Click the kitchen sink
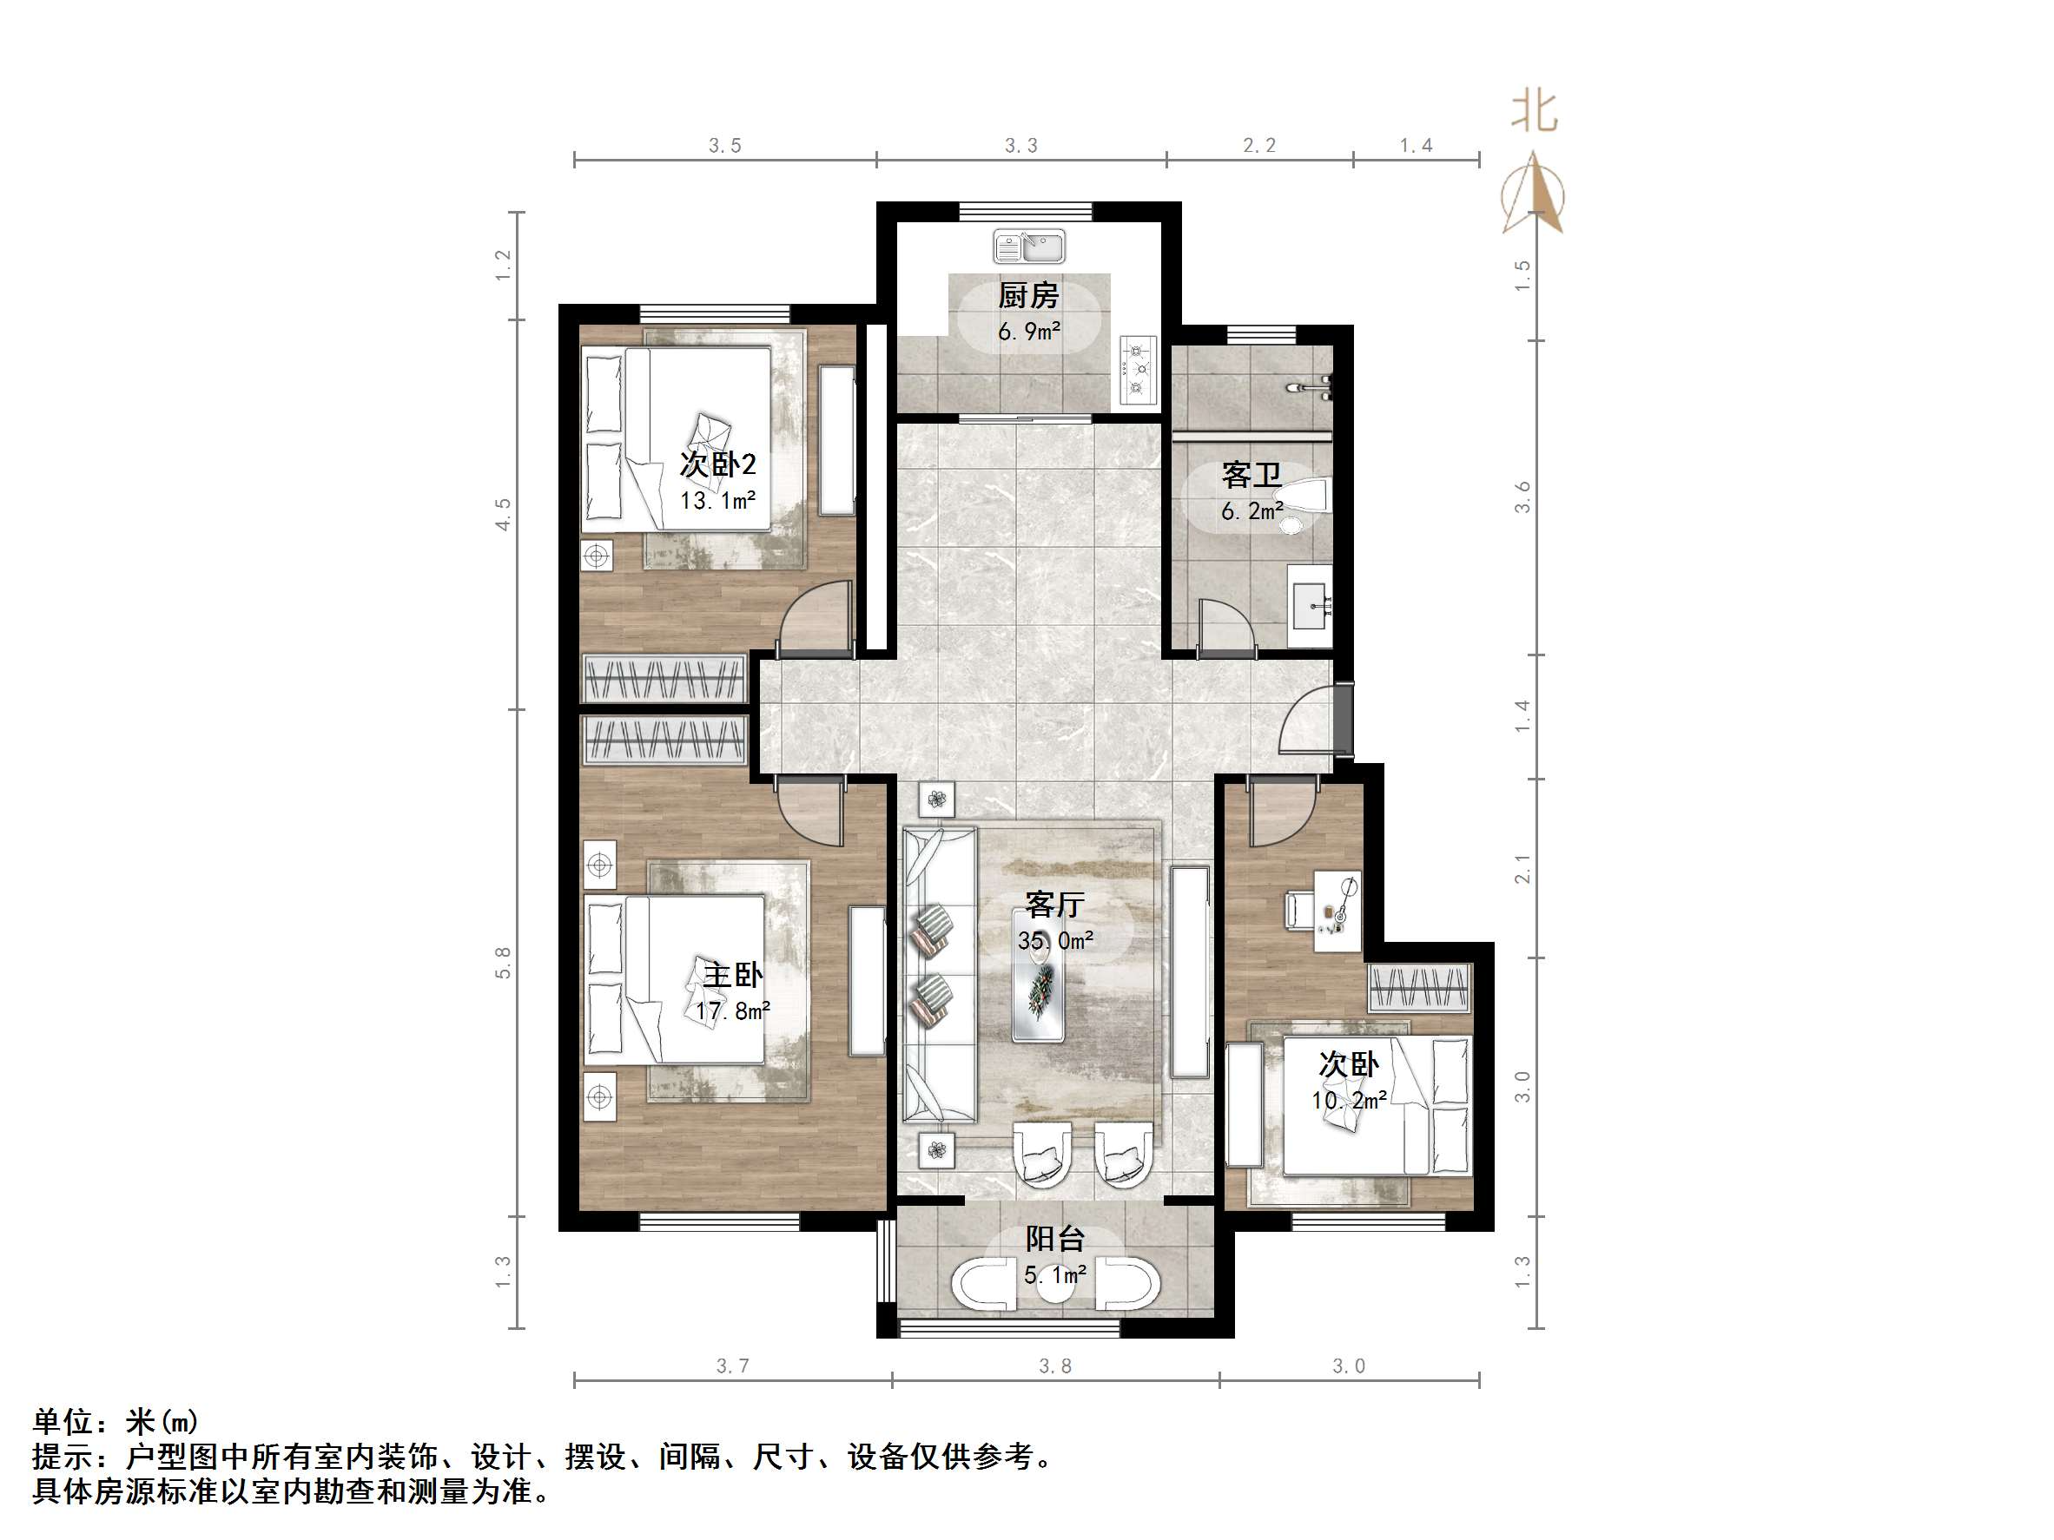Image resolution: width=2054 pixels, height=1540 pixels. pos(1029,247)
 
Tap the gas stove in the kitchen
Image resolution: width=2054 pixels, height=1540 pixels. pos(1139,370)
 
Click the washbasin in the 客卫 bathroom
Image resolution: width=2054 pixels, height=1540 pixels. pos(1312,606)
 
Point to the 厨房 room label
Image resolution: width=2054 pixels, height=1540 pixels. pos(1028,296)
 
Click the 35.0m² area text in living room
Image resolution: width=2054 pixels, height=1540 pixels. pos(1055,941)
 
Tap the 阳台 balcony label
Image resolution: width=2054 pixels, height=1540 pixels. pos(1055,1240)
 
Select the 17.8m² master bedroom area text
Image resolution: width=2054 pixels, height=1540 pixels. pos(733,1010)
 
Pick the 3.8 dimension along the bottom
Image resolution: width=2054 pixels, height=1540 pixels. pos(1055,1366)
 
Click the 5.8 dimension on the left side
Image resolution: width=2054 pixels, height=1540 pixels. pos(503,963)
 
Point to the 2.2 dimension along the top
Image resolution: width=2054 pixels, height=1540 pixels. pos(1259,146)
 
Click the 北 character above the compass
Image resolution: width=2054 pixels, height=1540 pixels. pos(1533,111)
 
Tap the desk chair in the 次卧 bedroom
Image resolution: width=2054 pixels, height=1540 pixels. pos(1298,909)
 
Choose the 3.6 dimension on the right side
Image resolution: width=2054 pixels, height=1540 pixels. pos(1522,497)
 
